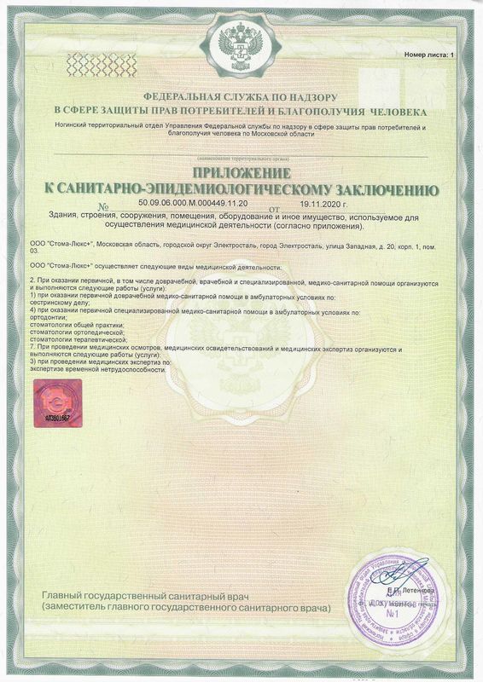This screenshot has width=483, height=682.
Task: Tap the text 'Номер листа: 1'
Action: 429,55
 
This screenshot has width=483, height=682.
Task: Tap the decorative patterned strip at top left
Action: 102,62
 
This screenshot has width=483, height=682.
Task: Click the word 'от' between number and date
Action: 274,207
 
